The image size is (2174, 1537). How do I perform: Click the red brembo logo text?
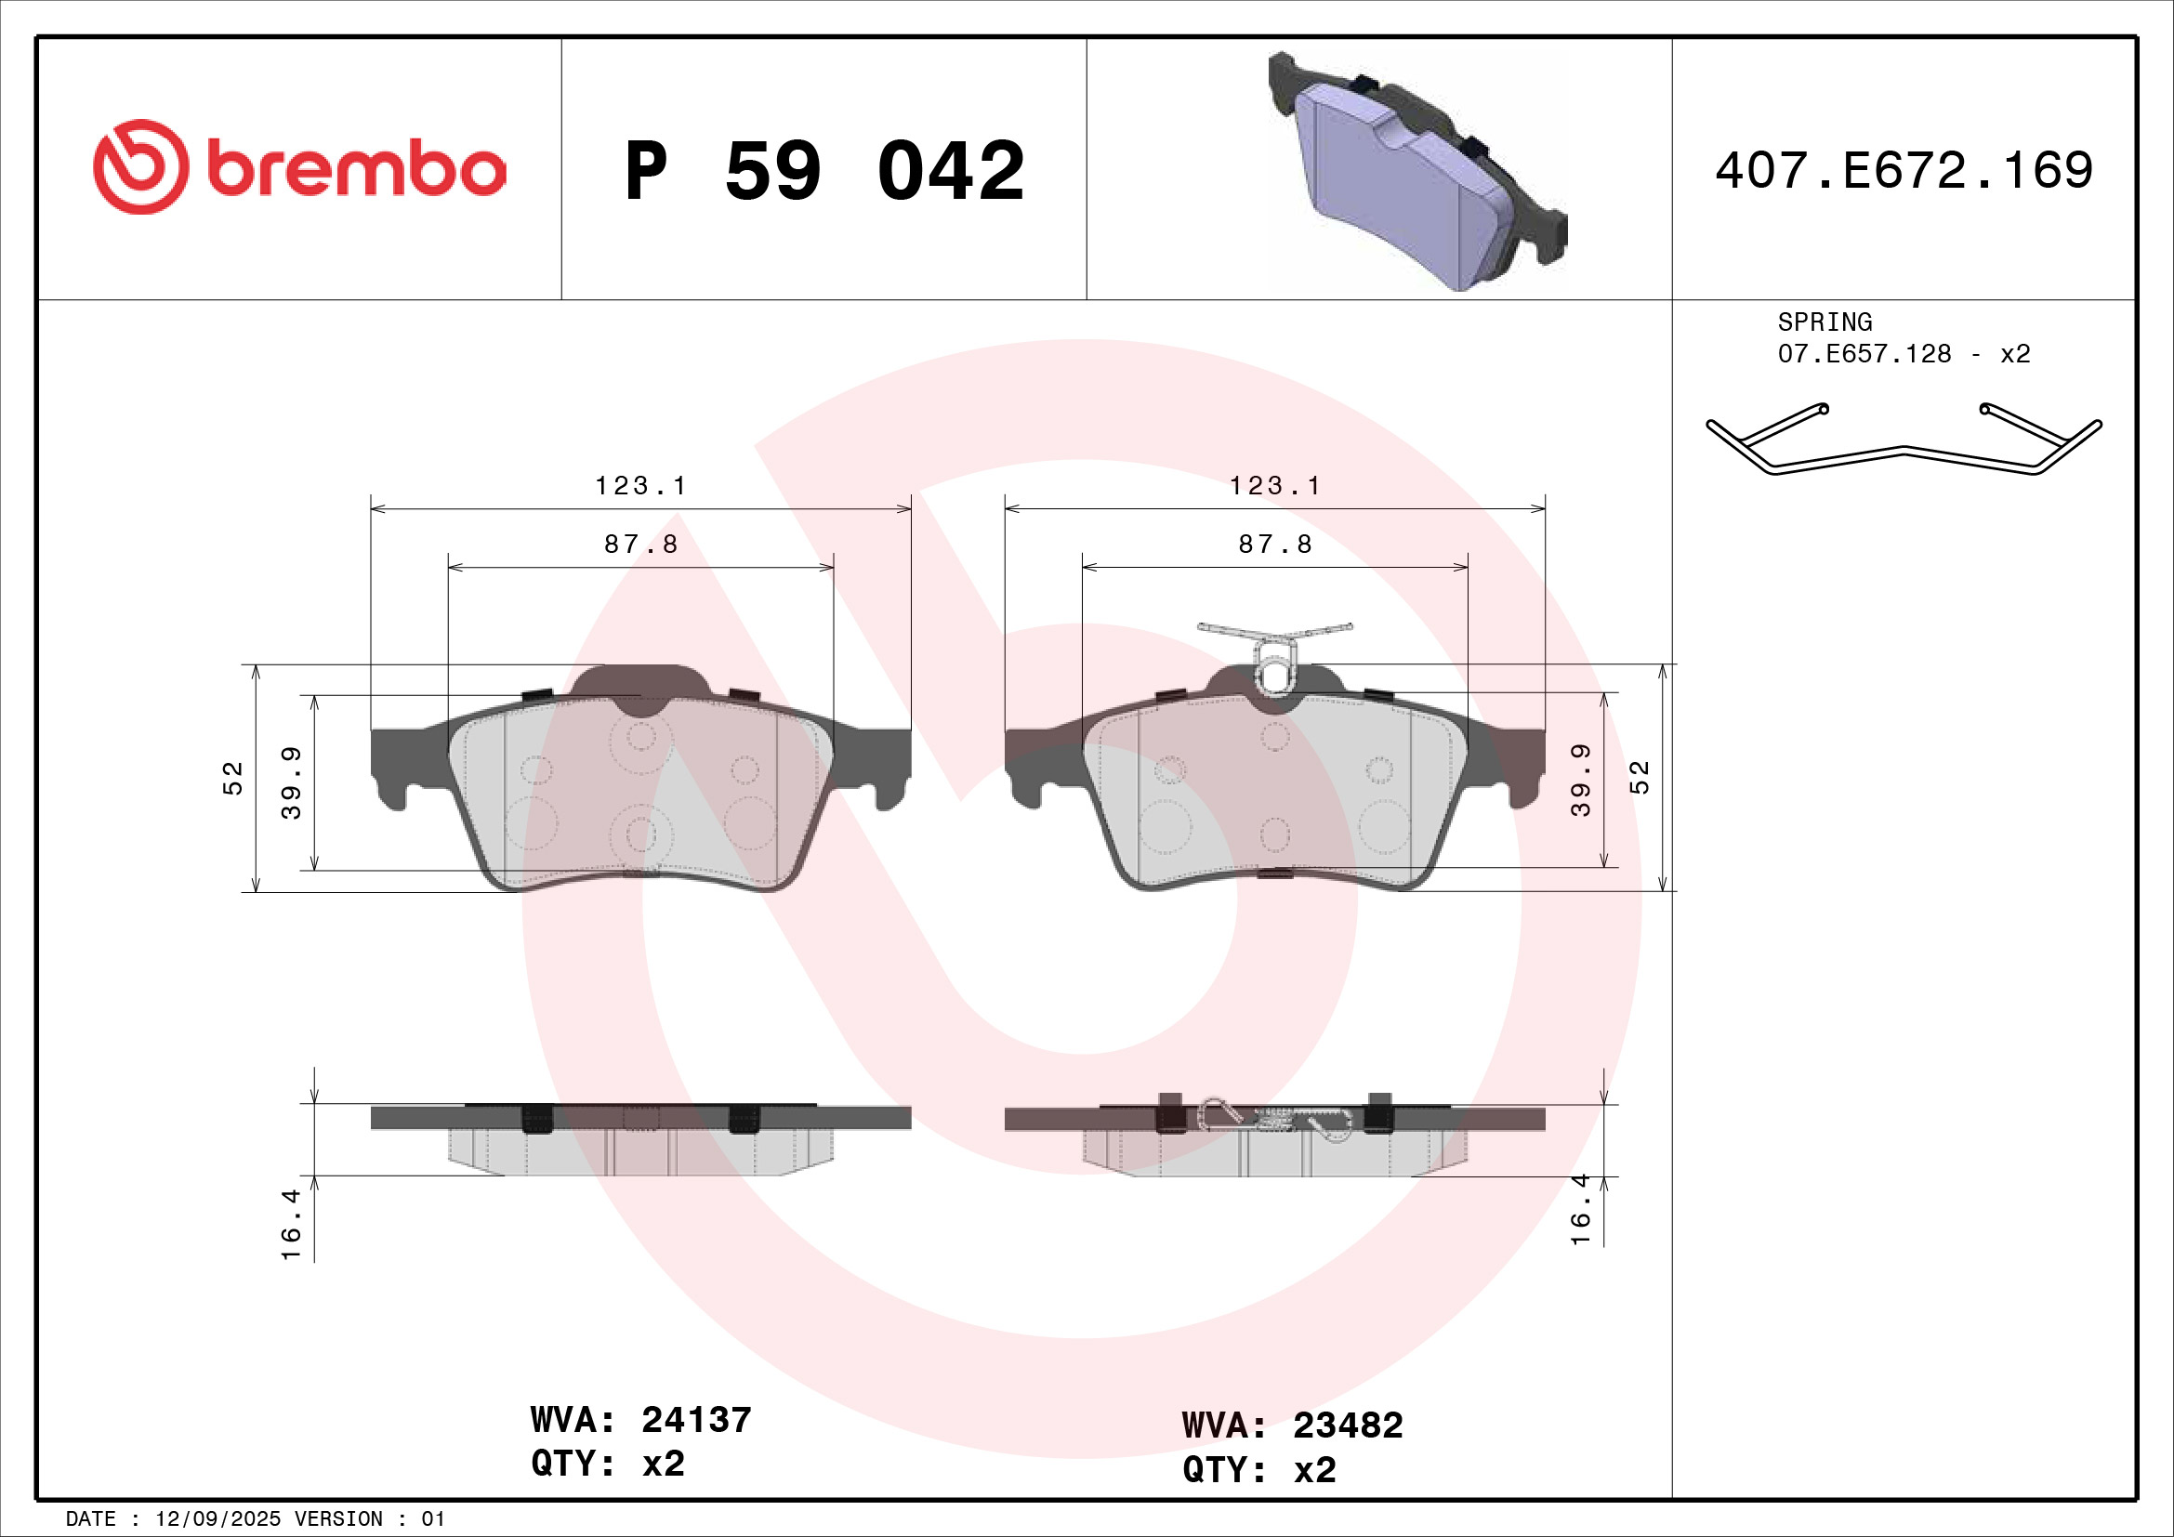pyautogui.click(x=355, y=169)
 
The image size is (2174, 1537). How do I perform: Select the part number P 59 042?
pyautogui.click(x=823, y=171)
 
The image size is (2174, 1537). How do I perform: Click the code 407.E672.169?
pyautogui.click(x=1904, y=170)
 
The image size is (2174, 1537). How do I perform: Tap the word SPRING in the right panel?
pyautogui.click(x=1825, y=322)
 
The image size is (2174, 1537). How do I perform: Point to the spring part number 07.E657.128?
pyautogui.click(x=1864, y=354)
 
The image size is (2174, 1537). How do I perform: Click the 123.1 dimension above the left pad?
pyautogui.click(x=640, y=486)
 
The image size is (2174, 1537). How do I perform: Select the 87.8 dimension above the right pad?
pyautogui.click(x=1274, y=545)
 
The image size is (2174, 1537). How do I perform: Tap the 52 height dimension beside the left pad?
pyautogui.click(x=233, y=778)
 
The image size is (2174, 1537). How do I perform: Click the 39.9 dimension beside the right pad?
pyautogui.click(x=1580, y=780)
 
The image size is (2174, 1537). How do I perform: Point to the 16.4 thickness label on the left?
pyautogui.click(x=291, y=1225)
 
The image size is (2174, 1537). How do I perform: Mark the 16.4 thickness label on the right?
pyautogui.click(x=1580, y=1211)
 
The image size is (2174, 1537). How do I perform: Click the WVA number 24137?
pyautogui.click(x=696, y=1420)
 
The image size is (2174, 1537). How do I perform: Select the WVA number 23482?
pyautogui.click(x=1348, y=1425)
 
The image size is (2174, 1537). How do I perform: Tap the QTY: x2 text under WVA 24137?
pyautogui.click(x=607, y=1465)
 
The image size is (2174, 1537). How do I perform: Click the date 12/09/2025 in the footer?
pyautogui.click(x=217, y=1519)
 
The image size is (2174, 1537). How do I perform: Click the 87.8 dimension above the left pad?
pyautogui.click(x=640, y=545)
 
